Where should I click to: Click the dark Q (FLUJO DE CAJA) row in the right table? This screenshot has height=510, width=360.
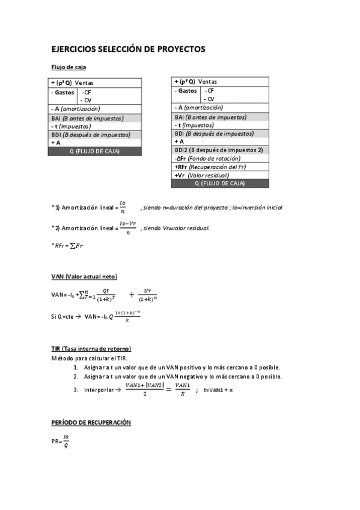point(219,183)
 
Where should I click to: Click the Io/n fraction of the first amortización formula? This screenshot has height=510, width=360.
point(123,207)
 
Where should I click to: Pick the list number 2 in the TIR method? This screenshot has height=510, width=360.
point(76,377)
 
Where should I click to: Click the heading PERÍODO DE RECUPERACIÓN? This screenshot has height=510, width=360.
point(91,423)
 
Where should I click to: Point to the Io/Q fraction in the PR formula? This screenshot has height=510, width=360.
point(67,441)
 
